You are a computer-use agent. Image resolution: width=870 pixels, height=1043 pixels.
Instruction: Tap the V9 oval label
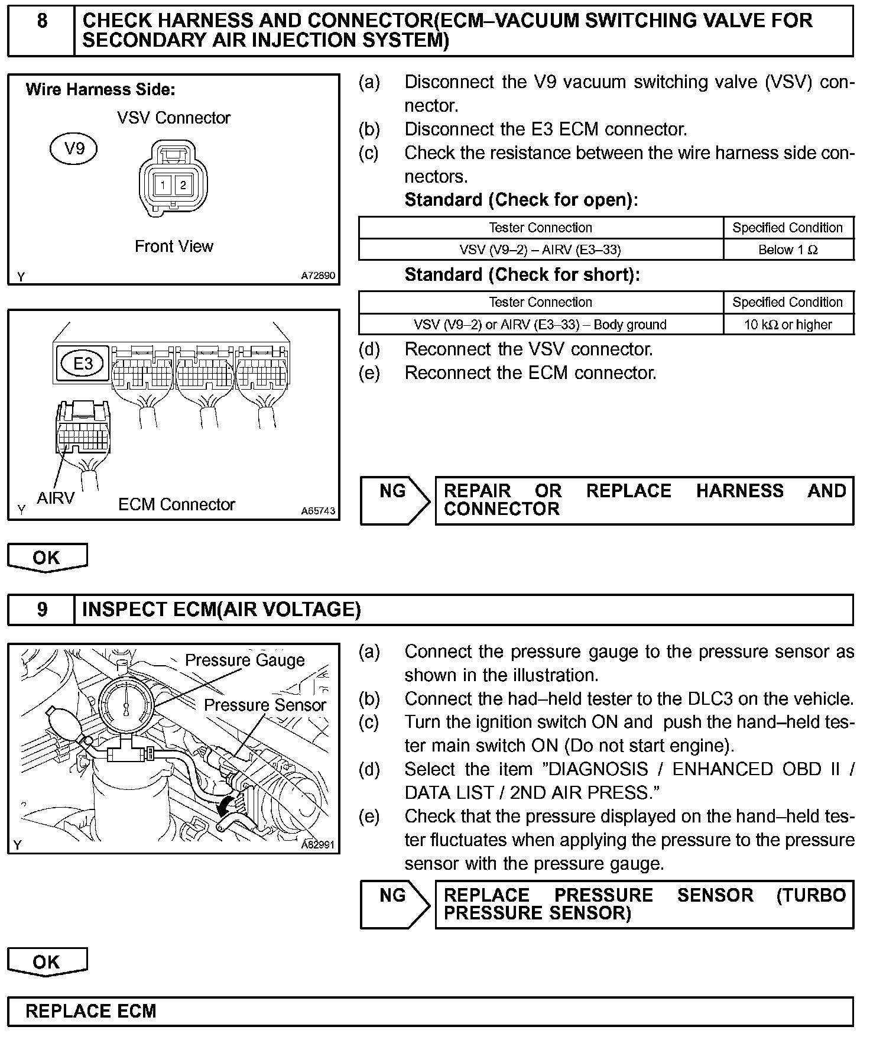(x=73, y=148)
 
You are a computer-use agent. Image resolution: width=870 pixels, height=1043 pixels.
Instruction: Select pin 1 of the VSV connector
(x=163, y=185)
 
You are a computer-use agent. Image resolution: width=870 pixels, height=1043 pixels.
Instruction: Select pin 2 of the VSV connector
(x=183, y=185)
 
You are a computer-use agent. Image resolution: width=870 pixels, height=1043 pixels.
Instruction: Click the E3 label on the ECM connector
(x=83, y=363)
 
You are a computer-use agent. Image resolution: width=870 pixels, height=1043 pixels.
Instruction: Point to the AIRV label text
(x=56, y=498)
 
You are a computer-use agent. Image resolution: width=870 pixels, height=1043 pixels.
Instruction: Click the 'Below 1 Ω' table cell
(x=788, y=250)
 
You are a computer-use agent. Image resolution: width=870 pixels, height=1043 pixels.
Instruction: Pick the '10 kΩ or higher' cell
(x=788, y=325)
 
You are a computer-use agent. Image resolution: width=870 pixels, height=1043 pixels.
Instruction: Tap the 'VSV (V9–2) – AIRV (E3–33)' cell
(x=540, y=250)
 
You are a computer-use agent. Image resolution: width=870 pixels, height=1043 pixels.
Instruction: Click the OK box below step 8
(x=47, y=558)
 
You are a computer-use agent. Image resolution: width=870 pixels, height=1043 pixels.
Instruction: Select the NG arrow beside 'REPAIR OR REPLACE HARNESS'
(x=394, y=501)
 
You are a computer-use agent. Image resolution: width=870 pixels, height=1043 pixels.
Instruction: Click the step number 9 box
(x=41, y=610)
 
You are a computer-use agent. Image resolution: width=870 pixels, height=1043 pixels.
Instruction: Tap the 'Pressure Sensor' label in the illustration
(x=265, y=705)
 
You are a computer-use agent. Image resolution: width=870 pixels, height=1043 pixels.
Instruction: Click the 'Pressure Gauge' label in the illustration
(x=245, y=660)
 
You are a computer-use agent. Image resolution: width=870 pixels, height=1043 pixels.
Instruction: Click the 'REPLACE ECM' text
(x=90, y=1011)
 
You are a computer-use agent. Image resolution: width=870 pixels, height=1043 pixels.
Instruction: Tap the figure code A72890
(x=318, y=276)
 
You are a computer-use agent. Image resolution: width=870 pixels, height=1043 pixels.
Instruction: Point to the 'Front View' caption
(x=174, y=246)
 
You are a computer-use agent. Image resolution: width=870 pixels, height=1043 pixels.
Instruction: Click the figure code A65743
(x=318, y=511)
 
